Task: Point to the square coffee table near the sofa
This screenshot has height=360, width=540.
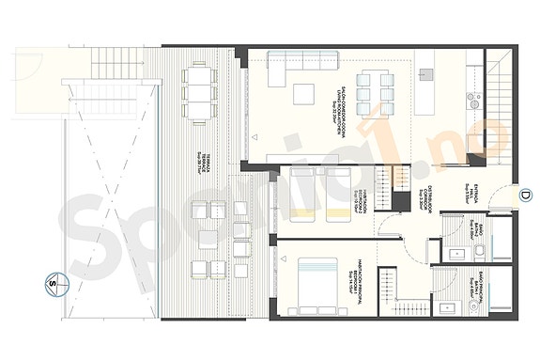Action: tap(303, 93)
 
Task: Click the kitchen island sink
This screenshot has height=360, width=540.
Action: tap(424, 73)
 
